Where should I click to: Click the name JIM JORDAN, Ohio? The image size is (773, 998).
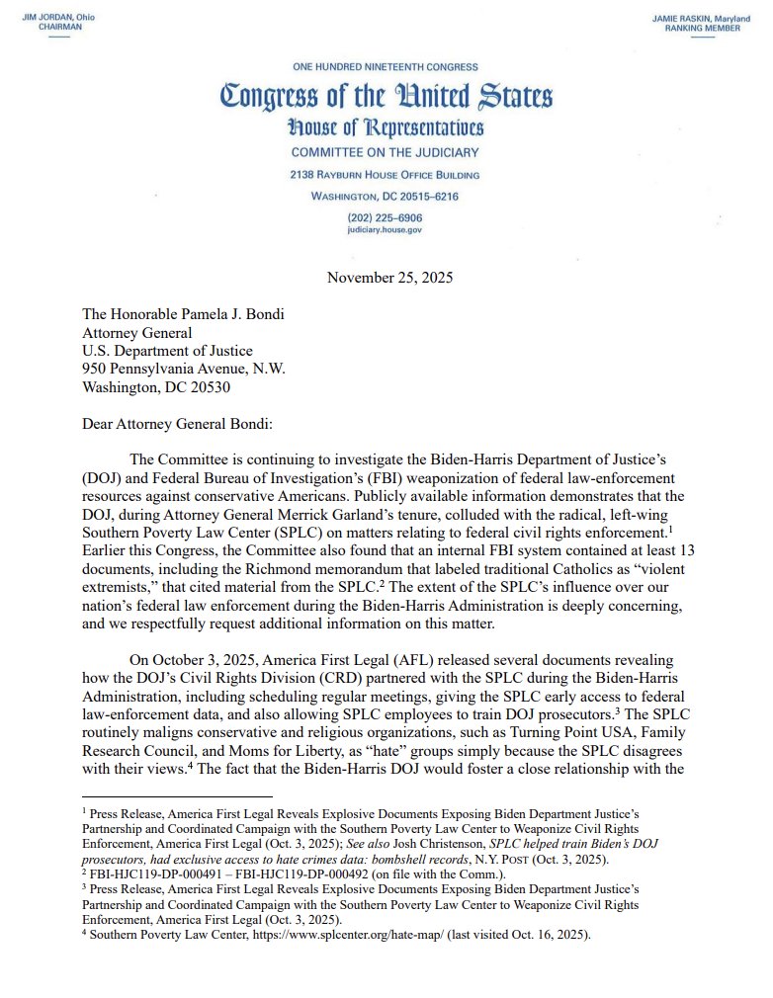click(59, 19)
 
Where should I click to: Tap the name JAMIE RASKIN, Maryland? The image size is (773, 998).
click(701, 19)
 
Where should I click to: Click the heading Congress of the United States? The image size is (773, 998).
click(386, 97)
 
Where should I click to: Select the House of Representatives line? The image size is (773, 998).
click(386, 128)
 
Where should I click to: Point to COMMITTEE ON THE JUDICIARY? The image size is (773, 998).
click(386, 153)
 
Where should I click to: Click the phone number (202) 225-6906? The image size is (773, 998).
click(386, 216)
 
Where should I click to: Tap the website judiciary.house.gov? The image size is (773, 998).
click(386, 228)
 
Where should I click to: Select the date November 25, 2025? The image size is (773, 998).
click(389, 278)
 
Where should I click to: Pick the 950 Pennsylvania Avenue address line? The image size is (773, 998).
click(183, 369)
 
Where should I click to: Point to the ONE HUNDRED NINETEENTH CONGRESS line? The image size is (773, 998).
click(386, 67)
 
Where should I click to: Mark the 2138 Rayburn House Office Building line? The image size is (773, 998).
click(386, 175)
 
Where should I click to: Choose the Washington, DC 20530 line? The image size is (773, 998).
click(156, 387)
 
